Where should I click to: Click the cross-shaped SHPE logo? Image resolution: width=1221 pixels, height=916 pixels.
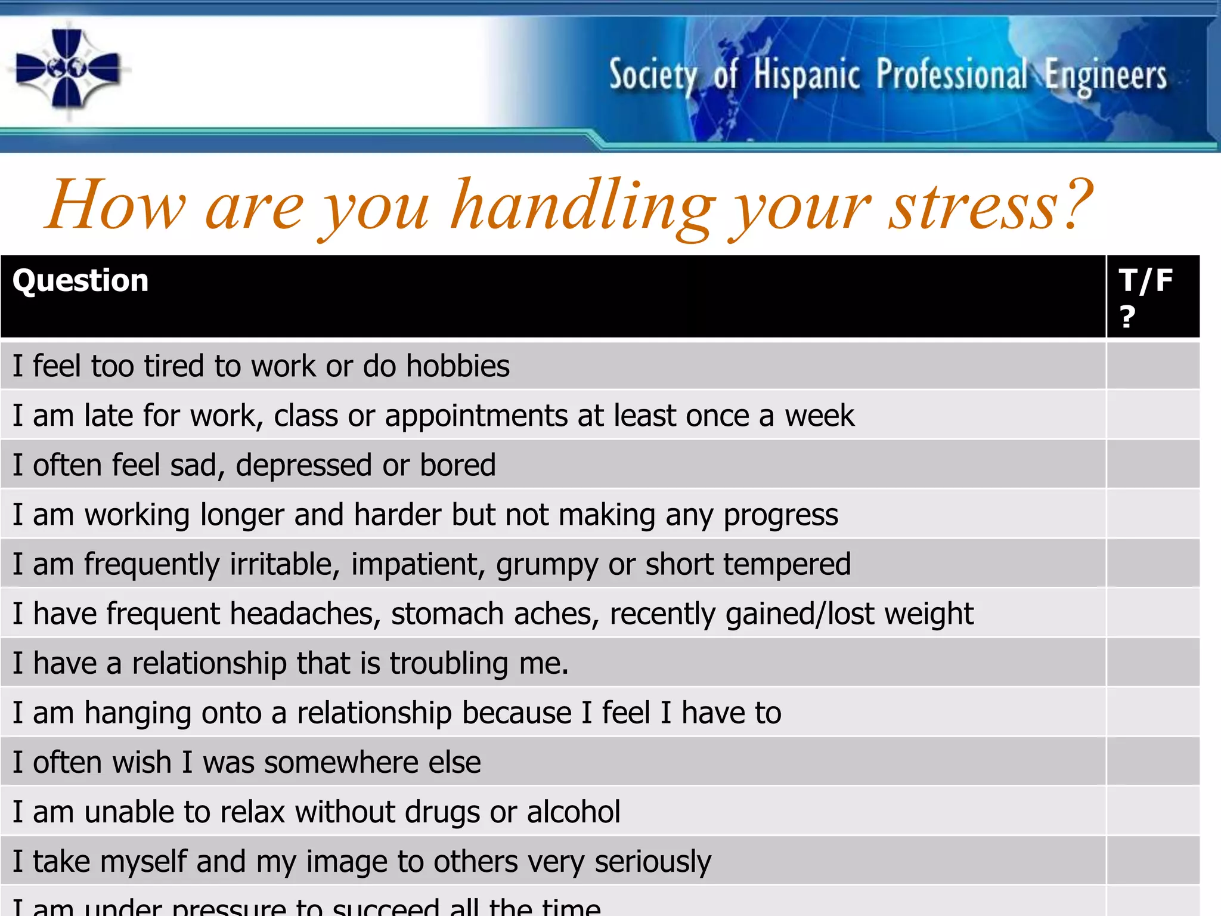pos(67,69)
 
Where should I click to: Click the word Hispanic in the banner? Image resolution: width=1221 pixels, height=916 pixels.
pos(806,76)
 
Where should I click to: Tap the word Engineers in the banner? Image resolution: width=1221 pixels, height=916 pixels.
pos(1105,76)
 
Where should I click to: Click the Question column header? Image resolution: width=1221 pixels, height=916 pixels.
pos(80,280)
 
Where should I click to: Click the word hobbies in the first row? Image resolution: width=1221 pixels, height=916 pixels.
pos(457,366)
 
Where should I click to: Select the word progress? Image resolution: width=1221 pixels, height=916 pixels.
pos(780,515)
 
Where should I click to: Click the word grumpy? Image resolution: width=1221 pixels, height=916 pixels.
pos(546,565)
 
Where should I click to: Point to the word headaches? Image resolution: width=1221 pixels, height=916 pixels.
pos(305,614)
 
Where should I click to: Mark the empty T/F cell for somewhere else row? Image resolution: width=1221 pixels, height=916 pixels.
pos(1152,762)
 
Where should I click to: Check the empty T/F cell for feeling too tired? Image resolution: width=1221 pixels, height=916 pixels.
pos(1152,366)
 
